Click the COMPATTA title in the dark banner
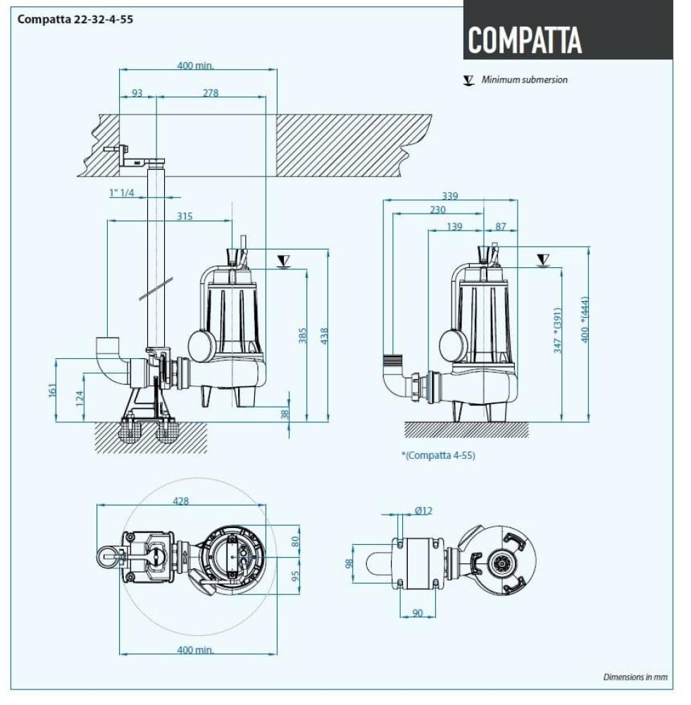(525, 40)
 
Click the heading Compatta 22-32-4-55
(75, 19)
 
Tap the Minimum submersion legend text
(524, 80)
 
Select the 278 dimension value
(210, 92)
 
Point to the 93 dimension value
(137, 92)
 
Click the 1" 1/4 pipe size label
(122, 192)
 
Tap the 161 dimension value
(52, 390)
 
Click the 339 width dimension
(449, 196)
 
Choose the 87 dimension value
(500, 226)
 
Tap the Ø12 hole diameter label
(423, 511)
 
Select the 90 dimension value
(418, 613)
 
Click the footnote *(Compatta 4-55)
(438, 455)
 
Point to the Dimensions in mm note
(635, 677)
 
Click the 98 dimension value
(347, 564)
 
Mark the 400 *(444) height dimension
(584, 319)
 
